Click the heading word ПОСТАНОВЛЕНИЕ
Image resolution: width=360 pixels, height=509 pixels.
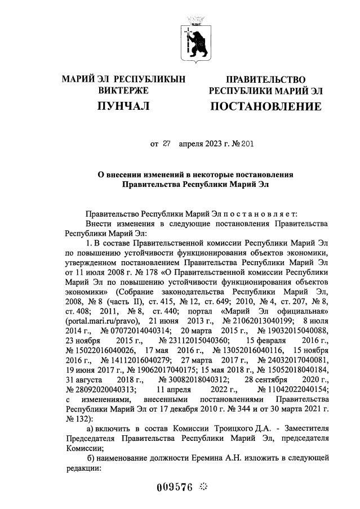(266, 106)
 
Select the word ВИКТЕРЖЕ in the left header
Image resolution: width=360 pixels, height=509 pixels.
(123, 90)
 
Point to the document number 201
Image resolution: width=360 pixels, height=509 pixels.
(247, 143)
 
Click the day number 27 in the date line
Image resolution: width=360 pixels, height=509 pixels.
(166, 143)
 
